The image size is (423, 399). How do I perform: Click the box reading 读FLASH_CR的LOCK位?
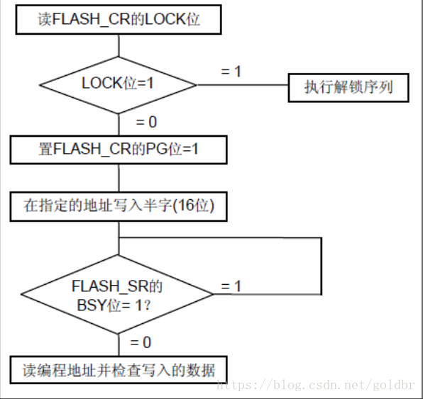[119, 19]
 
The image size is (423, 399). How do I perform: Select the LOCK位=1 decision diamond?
[118, 85]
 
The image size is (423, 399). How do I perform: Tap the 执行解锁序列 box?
[348, 88]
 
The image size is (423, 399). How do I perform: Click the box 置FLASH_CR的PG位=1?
[119, 150]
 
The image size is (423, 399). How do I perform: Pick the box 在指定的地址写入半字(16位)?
[119, 207]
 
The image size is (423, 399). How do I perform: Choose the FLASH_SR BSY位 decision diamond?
[117, 294]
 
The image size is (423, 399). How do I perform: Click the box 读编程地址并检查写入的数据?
[119, 370]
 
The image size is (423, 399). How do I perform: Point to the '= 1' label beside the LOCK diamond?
[231, 72]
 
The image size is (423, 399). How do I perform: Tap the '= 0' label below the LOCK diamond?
[146, 122]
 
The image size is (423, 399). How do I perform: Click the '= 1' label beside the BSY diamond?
[231, 286]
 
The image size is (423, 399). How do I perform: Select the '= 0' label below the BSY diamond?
[141, 342]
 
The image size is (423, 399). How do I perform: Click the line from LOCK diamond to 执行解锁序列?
[243, 85]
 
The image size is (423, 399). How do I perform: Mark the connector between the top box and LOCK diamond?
[119, 45]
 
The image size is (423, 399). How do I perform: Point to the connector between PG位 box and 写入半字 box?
[119, 178]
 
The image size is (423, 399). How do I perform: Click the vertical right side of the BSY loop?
[322, 266]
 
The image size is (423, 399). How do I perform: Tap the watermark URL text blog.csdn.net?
[315, 385]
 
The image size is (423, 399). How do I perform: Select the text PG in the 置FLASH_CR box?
[156, 149]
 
